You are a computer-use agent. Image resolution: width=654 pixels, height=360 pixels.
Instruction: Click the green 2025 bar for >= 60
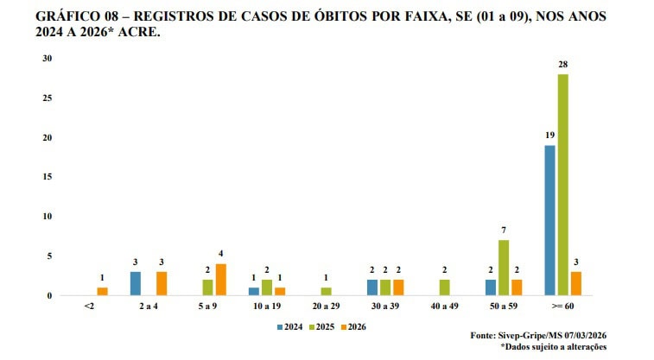click(562, 185)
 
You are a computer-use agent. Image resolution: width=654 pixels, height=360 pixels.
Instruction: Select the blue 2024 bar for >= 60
click(549, 220)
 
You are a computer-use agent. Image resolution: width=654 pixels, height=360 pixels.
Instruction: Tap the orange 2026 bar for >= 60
click(575, 283)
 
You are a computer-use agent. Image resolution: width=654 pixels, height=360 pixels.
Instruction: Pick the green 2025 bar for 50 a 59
click(503, 268)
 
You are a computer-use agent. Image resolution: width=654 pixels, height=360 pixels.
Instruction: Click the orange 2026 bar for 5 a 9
click(221, 280)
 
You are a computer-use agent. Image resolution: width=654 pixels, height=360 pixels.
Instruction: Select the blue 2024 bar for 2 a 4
click(135, 283)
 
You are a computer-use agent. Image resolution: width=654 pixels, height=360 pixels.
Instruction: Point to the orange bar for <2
click(103, 291)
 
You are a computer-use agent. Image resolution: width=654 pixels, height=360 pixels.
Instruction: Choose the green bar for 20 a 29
click(326, 291)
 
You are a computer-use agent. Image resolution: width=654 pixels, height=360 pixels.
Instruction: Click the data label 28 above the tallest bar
click(562, 66)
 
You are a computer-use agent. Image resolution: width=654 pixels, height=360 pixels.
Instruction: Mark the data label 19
click(549, 136)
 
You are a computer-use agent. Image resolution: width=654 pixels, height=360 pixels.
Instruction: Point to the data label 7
click(503, 231)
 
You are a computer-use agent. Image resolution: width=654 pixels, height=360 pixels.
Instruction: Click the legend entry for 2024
click(290, 328)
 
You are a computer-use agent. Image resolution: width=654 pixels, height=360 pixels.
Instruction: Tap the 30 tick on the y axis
click(48, 59)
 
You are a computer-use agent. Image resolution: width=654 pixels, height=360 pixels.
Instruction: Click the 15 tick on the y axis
click(48, 177)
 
